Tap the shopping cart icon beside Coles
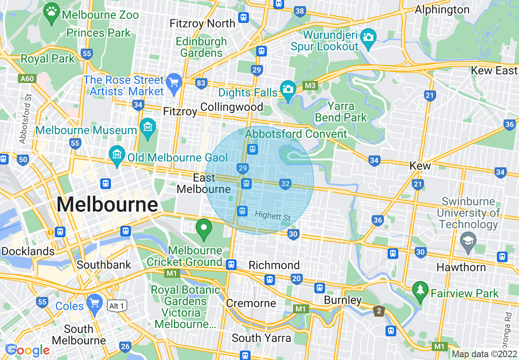[x=95, y=303]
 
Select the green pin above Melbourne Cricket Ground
[x=203, y=228]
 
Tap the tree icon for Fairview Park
[x=420, y=290]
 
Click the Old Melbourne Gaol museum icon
[x=117, y=155]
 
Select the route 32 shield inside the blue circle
[x=285, y=184]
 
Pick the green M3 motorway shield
[x=310, y=85]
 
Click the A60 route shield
[x=25, y=78]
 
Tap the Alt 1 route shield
[x=116, y=306]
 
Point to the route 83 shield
[x=201, y=83]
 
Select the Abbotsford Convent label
[x=296, y=134]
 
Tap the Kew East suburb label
[x=494, y=70]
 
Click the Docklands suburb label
[x=28, y=251]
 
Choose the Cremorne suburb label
[x=251, y=303]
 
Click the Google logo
[x=28, y=350]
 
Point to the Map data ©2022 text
[x=484, y=354]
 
